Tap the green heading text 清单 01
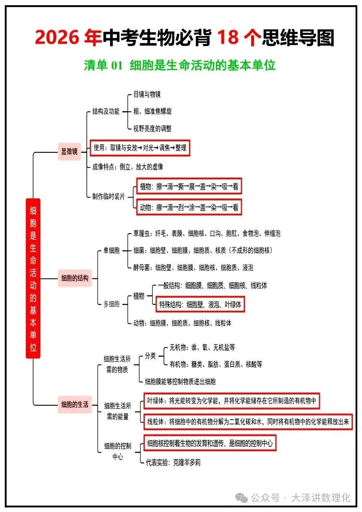tap(103, 66)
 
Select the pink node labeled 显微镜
tap(69, 152)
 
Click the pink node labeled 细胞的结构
tap(75, 278)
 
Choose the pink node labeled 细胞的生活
tap(75, 404)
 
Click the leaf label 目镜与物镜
tap(147, 94)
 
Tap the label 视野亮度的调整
tap(152, 128)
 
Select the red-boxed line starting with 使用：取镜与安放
tap(140, 148)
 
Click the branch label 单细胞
tap(112, 251)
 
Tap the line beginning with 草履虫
tap(207, 234)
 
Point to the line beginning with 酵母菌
tap(193, 268)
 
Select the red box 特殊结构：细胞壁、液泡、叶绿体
tap(200, 304)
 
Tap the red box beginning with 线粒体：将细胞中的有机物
tap(248, 421)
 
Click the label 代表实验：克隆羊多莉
tap(173, 462)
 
